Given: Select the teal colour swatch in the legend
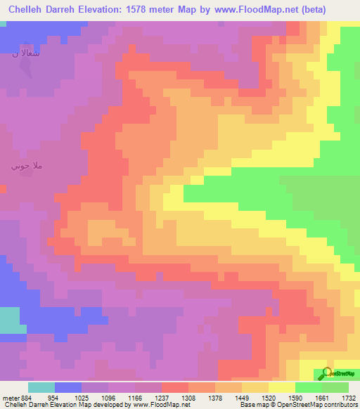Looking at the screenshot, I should pyautogui.click(x=41, y=387).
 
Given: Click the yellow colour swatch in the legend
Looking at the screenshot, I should pyautogui.click(x=282, y=387).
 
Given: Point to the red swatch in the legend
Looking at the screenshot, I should pyautogui.click(x=175, y=387).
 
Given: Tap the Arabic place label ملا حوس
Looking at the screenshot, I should pyautogui.click(x=27, y=167).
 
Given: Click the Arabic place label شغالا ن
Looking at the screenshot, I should pyautogui.click(x=25, y=54).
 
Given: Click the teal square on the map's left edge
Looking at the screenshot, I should pyautogui.click(x=9, y=320).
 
